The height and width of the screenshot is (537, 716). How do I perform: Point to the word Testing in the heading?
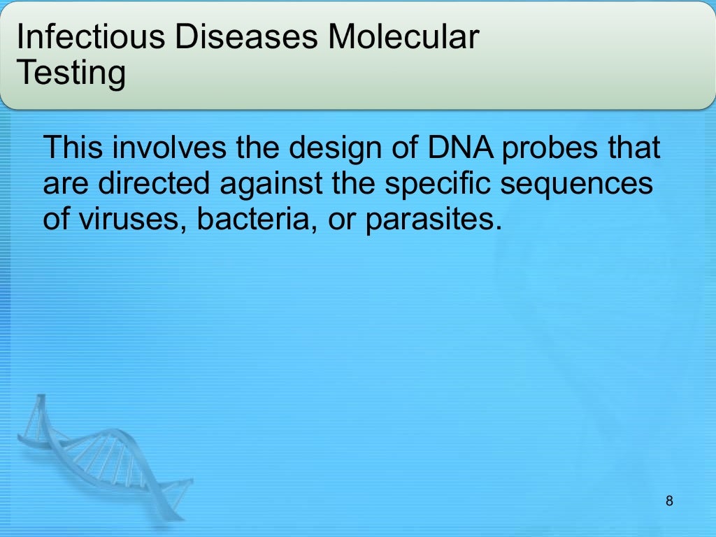tap(71, 73)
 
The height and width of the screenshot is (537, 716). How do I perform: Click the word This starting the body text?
tap(73, 148)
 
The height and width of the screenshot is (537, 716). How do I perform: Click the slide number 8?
tap(670, 501)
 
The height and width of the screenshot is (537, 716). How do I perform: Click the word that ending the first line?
tap(633, 148)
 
